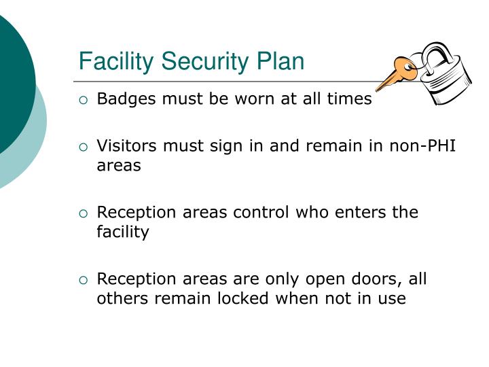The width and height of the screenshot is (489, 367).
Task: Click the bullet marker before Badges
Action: click(84, 100)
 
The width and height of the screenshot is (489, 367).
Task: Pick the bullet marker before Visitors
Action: click(84, 146)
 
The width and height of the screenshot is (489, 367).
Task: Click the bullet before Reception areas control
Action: click(84, 213)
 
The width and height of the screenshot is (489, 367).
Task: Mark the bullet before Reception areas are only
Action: click(84, 279)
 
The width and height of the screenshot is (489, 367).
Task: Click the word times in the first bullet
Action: click(349, 99)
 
